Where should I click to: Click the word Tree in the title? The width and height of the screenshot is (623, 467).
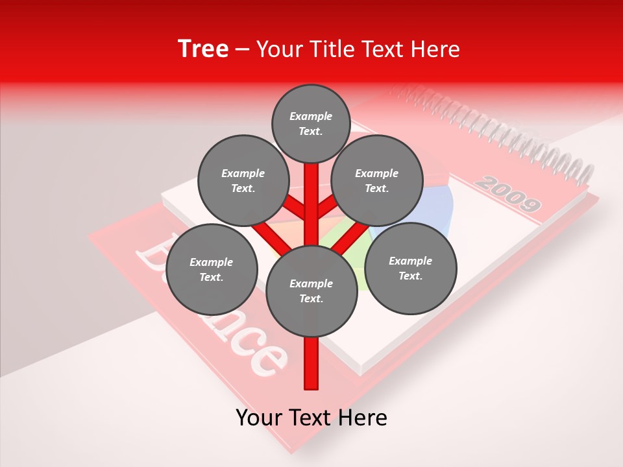pos(203,49)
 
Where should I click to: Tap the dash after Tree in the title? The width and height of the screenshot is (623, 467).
pos(243,50)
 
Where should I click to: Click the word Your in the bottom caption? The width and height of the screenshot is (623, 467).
pos(259,418)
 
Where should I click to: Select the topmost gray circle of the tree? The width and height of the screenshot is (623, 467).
pos(311,123)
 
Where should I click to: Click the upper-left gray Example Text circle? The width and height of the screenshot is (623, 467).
pos(243,180)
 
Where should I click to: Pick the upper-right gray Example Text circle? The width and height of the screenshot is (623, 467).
pos(377,180)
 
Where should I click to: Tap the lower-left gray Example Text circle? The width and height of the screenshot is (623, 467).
pos(212,269)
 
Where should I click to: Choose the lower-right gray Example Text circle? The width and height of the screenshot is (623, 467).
pos(410,268)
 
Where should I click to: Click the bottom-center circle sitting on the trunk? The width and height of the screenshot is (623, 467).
pos(311,291)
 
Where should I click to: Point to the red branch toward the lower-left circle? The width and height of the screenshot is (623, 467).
pos(267,235)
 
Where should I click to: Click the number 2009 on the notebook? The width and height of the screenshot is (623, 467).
pos(507,194)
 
